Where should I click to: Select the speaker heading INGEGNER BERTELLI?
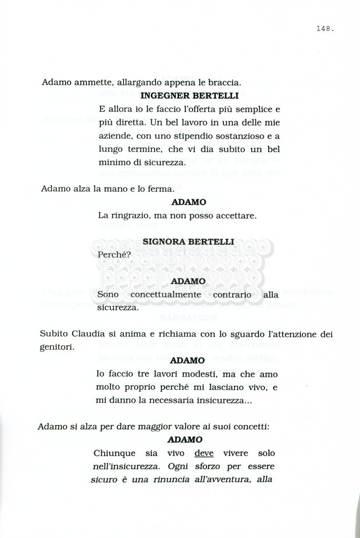point(190,96)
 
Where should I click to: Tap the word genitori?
point(57,347)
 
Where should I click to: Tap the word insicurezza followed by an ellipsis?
point(215,400)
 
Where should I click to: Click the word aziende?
point(113,137)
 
